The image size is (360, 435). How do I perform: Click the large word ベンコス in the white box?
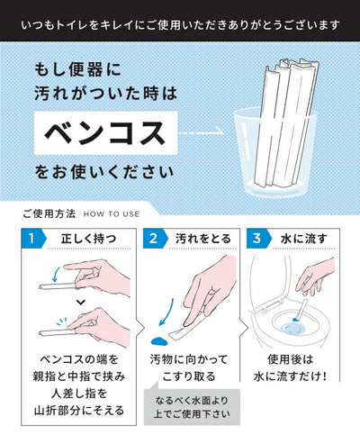(x=105, y=133)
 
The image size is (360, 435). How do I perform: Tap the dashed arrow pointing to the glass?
(x=201, y=132)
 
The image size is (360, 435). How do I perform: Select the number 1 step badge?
(x=33, y=239)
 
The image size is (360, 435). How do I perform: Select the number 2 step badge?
(x=155, y=239)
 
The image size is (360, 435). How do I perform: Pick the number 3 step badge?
(x=258, y=239)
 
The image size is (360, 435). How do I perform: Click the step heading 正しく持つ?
(x=88, y=239)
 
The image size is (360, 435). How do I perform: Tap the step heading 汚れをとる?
(x=203, y=239)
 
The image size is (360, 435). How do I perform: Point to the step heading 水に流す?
(x=303, y=239)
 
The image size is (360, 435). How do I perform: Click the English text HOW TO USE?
(x=112, y=214)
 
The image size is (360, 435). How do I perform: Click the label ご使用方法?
(x=49, y=213)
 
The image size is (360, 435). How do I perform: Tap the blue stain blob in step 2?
(x=159, y=341)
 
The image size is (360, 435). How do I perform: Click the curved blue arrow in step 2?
(x=168, y=313)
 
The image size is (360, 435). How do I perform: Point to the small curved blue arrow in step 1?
(x=56, y=275)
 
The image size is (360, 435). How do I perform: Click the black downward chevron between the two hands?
(x=81, y=303)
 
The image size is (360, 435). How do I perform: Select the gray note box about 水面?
(x=192, y=407)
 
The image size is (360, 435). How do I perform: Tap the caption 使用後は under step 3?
(x=291, y=359)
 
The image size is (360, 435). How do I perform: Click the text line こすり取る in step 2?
(x=189, y=376)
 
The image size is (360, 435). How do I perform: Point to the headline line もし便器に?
(x=78, y=69)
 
